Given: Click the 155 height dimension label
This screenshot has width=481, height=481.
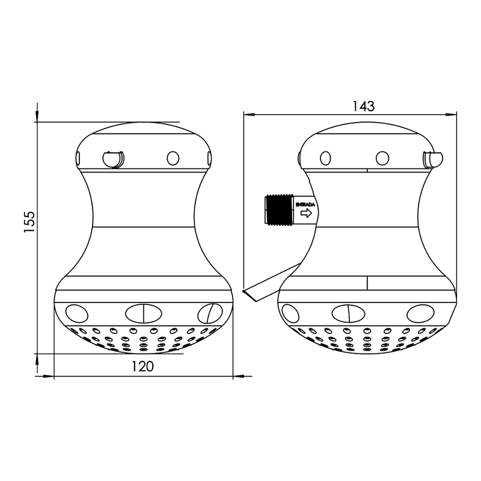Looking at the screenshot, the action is pyautogui.click(x=30, y=222).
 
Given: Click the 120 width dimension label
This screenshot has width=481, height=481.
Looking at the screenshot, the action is pyautogui.click(x=142, y=366).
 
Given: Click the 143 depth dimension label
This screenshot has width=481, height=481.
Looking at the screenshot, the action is pyautogui.click(x=363, y=106).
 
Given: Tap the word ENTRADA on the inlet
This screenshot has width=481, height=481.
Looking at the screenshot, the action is pyautogui.click(x=305, y=204).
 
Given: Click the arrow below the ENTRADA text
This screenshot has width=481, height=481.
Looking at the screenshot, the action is pyautogui.click(x=306, y=213).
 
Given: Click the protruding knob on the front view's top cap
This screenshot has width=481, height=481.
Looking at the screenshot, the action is pyautogui.click(x=113, y=159).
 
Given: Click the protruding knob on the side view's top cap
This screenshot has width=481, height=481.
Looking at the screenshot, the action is pyautogui.click(x=432, y=159).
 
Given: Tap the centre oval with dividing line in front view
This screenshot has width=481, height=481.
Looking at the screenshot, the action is pyautogui.click(x=144, y=313).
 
